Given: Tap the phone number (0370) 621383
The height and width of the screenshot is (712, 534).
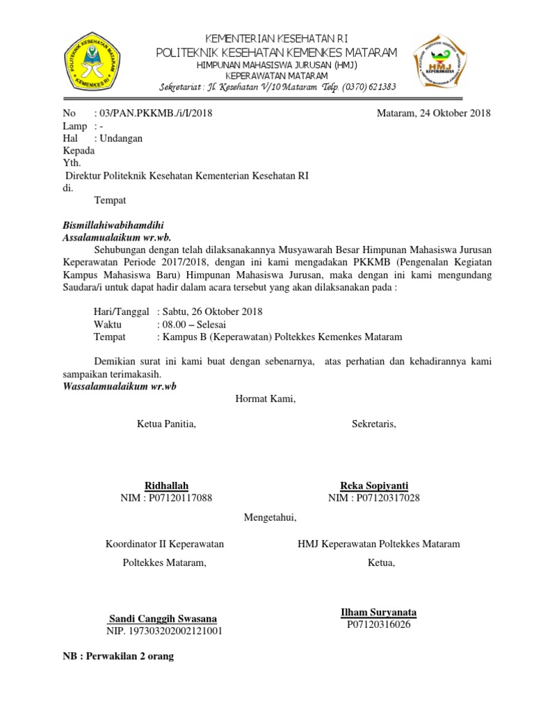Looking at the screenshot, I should (x=368, y=88).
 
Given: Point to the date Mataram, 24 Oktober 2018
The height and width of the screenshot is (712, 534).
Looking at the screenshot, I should (x=433, y=113).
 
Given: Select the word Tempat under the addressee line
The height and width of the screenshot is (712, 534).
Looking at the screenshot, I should (x=110, y=201).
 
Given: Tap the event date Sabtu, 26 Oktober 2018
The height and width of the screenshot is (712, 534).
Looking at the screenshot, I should (x=211, y=311).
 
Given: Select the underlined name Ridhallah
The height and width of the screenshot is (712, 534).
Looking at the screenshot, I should (x=166, y=485).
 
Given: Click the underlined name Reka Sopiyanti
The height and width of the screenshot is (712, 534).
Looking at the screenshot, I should (x=373, y=485).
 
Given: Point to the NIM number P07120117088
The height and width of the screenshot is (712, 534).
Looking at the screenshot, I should (x=177, y=498).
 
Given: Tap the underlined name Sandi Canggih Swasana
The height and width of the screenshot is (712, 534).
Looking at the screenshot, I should (x=163, y=618).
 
